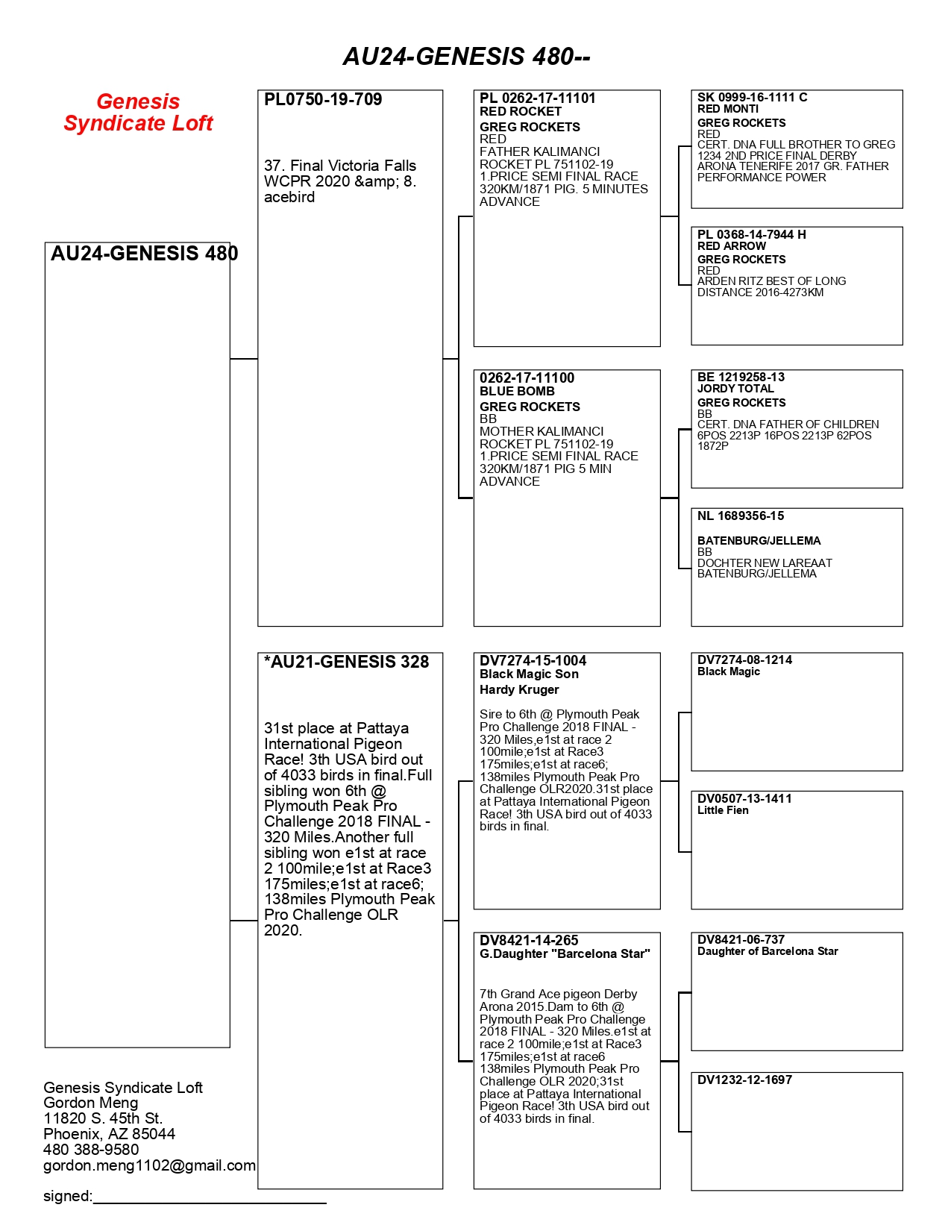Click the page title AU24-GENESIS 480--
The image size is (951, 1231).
tap(466, 56)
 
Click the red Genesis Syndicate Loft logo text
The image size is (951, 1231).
tap(138, 112)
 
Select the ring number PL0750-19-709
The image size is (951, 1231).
tap(323, 99)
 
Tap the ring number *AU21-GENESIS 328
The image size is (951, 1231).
tap(347, 662)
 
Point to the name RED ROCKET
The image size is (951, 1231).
tap(520, 111)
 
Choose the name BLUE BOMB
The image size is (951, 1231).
tap(517, 391)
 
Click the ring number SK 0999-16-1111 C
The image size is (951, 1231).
tap(752, 97)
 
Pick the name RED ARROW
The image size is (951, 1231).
tap(731, 245)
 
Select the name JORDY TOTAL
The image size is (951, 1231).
tap(735, 388)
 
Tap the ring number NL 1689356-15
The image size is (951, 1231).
tap(741, 516)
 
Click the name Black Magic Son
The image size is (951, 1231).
tap(529, 674)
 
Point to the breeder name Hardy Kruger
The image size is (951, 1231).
tap(519, 689)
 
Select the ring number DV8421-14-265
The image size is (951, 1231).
tap(529, 940)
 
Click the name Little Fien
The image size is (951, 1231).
tap(723, 810)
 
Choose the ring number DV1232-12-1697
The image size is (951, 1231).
tap(744, 1080)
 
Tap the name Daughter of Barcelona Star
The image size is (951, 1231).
tap(768, 951)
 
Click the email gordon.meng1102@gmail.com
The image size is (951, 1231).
tap(149, 1165)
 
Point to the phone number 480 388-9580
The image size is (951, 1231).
tap(91, 1150)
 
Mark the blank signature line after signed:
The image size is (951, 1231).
tap(210, 1198)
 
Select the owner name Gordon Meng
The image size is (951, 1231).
tap(91, 1103)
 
